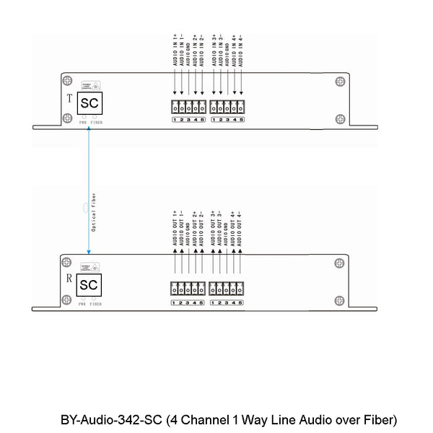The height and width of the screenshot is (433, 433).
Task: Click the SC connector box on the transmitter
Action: [89, 103]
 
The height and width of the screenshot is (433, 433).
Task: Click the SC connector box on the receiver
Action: [89, 285]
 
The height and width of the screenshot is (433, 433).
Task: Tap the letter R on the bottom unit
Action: [68, 277]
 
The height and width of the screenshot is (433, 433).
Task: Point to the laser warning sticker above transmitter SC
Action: [90, 84]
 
